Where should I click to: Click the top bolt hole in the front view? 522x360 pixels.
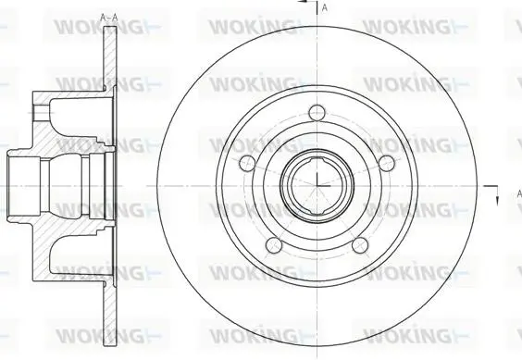click(x=317, y=113)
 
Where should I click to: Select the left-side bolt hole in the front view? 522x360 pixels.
click(x=247, y=163)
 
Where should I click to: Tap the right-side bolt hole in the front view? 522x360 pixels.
click(x=386, y=163)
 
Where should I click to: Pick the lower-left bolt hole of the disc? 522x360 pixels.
click(x=274, y=244)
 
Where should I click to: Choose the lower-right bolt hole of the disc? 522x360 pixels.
click(x=360, y=245)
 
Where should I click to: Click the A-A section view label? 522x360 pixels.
click(x=109, y=18)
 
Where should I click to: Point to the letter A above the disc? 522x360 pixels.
click(x=325, y=7)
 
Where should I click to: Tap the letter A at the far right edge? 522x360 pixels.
click(x=519, y=193)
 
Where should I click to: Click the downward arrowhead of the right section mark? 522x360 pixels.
click(x=497, y=201)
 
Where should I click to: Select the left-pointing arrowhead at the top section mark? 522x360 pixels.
click(x=303, y=1)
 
